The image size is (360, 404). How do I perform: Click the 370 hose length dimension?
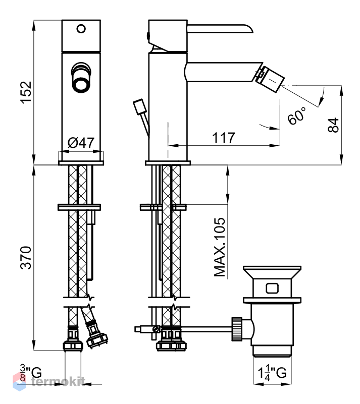26,258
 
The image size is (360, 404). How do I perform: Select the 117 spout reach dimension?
224,138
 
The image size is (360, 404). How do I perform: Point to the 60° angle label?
297,116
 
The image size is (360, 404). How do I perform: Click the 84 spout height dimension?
333,125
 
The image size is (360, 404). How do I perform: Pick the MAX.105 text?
220,247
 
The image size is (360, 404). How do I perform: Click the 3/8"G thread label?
31,373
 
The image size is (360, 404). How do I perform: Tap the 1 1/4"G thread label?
272,373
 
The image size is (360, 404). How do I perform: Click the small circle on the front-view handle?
81,29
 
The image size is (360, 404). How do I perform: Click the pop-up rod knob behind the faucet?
139,106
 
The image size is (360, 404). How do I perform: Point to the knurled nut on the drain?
237,329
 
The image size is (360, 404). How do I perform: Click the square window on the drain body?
272,288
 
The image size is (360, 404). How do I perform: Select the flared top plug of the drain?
272,272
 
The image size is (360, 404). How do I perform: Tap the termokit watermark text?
58,381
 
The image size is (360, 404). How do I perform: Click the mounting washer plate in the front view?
79,207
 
